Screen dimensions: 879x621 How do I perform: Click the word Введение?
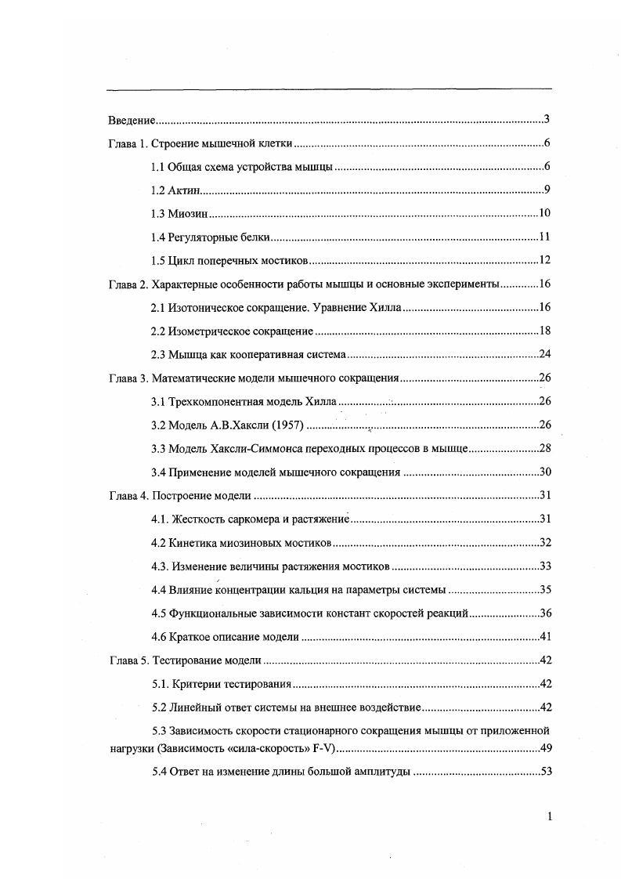131,121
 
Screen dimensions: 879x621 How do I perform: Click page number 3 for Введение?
547,120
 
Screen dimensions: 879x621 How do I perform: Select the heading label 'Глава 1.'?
127,144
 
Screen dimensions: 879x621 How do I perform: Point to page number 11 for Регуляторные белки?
546,237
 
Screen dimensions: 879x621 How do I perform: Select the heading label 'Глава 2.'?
127,284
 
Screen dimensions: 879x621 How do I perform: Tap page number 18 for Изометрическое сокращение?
546,331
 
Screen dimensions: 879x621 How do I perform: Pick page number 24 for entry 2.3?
546,355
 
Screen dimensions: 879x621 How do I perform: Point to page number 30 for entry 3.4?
546,472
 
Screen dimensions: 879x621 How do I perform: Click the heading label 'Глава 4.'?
127,496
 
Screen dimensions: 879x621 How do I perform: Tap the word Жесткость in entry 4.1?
196,519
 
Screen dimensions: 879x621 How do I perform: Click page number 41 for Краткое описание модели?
546,637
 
